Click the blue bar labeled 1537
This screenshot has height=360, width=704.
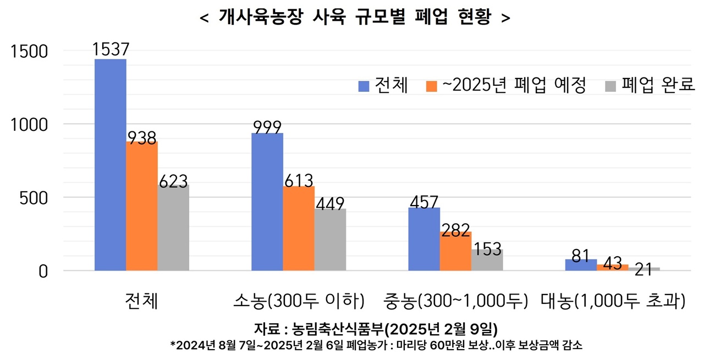tap(111, 165)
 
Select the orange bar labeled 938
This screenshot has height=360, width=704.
tap(142, 206)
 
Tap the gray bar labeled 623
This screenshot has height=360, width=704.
tap(173, 228)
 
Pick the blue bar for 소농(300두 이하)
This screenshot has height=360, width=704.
tap(267, 202)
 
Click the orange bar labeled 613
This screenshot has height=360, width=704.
tap(299, 229)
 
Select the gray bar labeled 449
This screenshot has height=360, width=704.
tap(330, 240)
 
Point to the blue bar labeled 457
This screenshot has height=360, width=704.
tap(424, 239)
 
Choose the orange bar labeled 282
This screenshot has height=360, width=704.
tap(455, 251)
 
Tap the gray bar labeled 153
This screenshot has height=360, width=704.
tap(487, 260)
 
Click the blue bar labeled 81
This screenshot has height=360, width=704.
tap(581, 265)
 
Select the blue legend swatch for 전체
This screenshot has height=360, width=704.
tap(364, 86)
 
